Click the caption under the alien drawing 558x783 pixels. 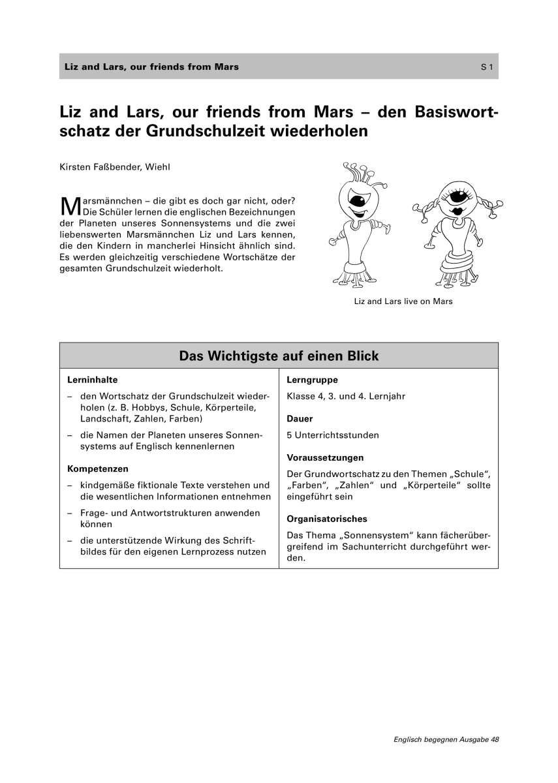(403, 301)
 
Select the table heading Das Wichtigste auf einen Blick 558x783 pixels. (279, 356)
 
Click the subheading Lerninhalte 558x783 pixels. (92, 379)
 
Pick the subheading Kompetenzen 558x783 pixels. (98, 468)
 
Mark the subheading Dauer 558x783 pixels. (300, 418)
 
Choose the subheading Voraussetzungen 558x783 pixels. (325, 457)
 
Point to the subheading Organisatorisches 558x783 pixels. (327, 519)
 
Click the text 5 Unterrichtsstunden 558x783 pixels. (332, 435)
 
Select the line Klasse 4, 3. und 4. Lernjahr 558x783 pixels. (346, 396)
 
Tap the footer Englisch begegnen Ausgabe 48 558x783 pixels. (446, 739)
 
